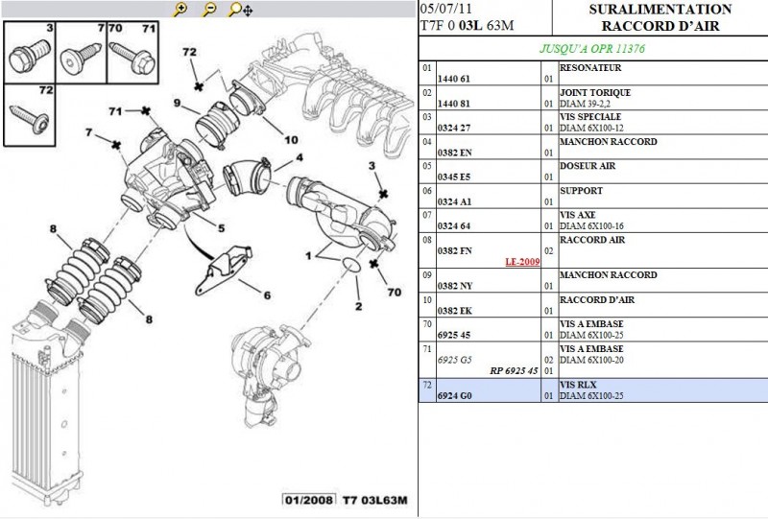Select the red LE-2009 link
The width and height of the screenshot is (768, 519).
click(523, 261)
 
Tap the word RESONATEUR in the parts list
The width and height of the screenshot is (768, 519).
click(590, 69)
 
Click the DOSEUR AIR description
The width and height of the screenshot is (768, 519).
click(588, 166)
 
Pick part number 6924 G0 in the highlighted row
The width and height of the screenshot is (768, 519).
click(455, 394)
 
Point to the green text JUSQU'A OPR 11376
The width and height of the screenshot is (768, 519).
click(592, 47)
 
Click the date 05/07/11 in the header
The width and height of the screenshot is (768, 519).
click(446, 9)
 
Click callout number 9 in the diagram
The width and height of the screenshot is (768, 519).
click(178, 104)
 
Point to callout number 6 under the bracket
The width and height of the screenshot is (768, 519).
click(267, 295)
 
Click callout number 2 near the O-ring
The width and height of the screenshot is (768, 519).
click(357, 306)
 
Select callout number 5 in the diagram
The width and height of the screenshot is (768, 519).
click(220, 227)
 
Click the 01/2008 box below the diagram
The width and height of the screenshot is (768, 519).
click(308, 500)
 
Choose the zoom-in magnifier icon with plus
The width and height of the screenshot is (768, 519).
click(180, 10)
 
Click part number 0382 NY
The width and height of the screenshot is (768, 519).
click(455, 286)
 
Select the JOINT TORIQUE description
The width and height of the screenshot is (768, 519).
click(595, 93)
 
